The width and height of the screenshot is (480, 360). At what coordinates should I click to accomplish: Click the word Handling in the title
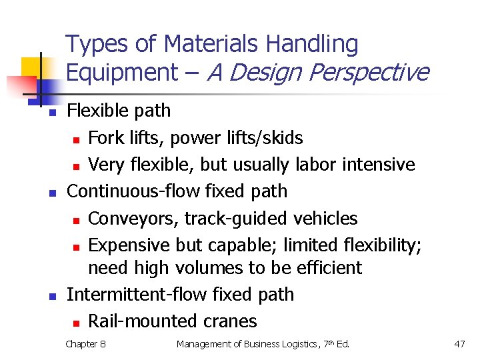[311, 45]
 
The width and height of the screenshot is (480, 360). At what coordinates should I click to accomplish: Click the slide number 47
[459, 344]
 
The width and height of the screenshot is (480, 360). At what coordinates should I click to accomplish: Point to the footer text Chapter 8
[85, 344]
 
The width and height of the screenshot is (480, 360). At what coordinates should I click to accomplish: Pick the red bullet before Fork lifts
[77, 139]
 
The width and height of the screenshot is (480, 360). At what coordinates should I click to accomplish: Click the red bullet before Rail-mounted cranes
[77, 323]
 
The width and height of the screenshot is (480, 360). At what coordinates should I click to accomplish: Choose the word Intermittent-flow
[127, 294]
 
